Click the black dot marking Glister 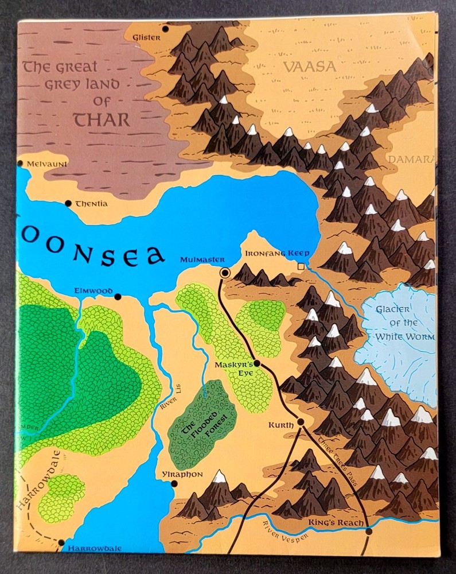pyautogui.click(x=165, y=28)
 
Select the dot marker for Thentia pyautogui.click(x=69, y=203)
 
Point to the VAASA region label pyautogui.click(x=309, y=67)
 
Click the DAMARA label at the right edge pyautogui.click(x=416, y=158)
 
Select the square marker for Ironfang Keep pyautogui.click(x=302, y=266)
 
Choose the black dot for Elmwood pyautogui.click(x=118, y=297)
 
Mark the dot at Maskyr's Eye pyautogui.click(x=256, y=363)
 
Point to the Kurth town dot pyautogui.click(x=300, y=422)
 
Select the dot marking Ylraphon pyautogui.click(x=174, y=484)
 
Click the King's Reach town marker pyautogui.click(x=369, y=532)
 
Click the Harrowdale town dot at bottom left pyautogui.click(x=61, y=542)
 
